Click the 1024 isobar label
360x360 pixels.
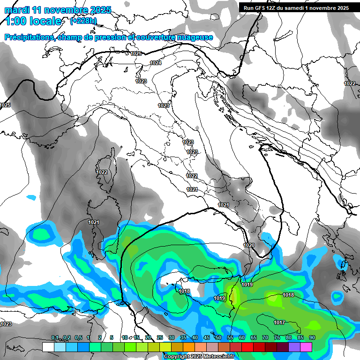[x=156, y=63]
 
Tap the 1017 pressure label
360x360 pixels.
[x=280, y=322]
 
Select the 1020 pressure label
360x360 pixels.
[x=249, y=245]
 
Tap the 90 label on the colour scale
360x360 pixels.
[x=312, y=337]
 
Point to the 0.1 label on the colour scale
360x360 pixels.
[x=55, y=337]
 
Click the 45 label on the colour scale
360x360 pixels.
[x=207, y=337]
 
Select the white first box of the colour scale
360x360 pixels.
[x=48, y=347]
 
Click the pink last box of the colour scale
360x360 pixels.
[x=306, y=347]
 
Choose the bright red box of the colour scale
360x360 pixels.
[x=247, y=347]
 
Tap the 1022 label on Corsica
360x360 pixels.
[x=102, y=172]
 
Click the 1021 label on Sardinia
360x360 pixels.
[x=94, y=222]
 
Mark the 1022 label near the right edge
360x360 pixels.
[x=350, y=83]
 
